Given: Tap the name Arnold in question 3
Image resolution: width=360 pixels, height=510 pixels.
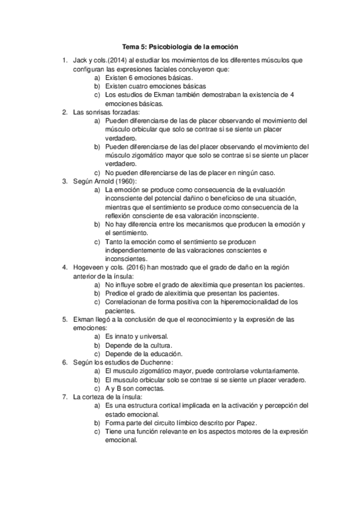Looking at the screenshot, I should [x=111, y=180].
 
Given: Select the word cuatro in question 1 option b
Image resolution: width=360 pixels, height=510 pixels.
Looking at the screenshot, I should [x=136, y=86].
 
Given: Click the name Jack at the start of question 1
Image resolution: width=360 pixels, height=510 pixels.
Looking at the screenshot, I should [x=79, y=61].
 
